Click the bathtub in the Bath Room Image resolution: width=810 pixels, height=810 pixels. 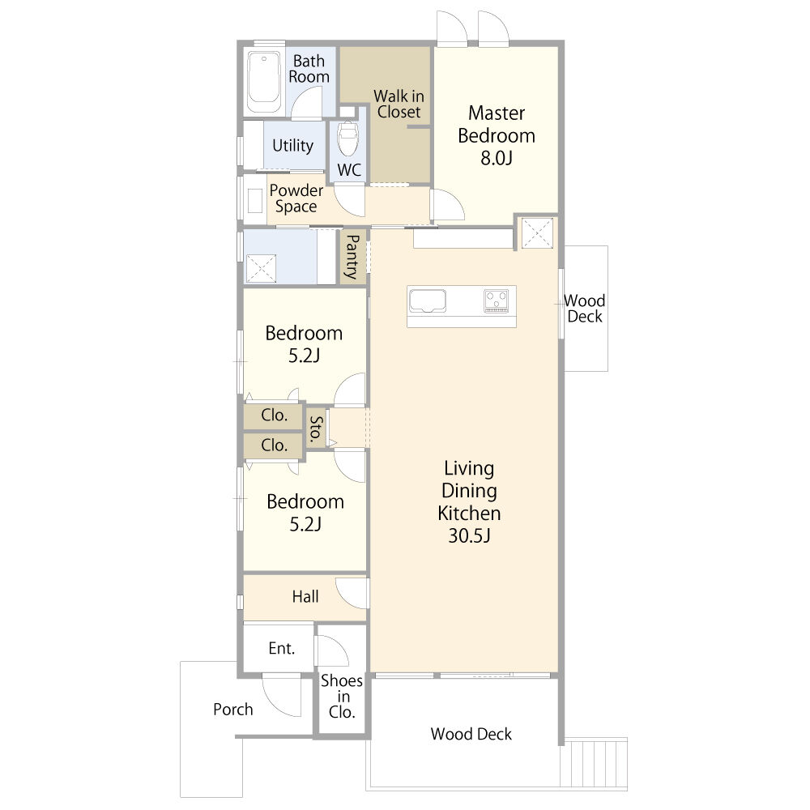(x=264, y=82)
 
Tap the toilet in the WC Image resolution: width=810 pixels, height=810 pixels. (x=347, y=138)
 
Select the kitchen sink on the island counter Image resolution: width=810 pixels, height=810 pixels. (x=428, y=301)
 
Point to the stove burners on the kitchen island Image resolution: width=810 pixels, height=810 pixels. (x=497, y=301)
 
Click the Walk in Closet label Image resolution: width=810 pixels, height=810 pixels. (x=399, y=104)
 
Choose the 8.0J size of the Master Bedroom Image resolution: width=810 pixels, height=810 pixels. (x=497, y=158)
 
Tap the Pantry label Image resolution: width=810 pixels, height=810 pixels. (x=352, y=257)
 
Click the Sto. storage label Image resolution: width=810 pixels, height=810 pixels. (x=316, y=428)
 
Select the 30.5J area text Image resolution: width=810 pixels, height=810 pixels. (x=469, y=535)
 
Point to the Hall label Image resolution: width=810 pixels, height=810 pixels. (x=305, y=597)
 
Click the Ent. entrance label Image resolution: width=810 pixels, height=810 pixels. (x=282, y=648)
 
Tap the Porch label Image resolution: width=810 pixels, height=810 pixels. (x=233, y=710)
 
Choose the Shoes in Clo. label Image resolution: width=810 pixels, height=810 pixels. (x=342, y=696)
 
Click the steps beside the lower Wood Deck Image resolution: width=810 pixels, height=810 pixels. (x=594, y=765)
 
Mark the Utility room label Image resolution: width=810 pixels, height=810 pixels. (x=293, y=146)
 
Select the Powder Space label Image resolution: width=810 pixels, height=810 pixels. (x=296, y=198)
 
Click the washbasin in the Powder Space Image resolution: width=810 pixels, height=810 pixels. (x=255, y=200)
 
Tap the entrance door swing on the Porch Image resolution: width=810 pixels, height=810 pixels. (x=281, y=695)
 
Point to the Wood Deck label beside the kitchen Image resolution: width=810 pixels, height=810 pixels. (x=584, y=309)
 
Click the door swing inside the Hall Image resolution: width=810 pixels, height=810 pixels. (x=352, y=593)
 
